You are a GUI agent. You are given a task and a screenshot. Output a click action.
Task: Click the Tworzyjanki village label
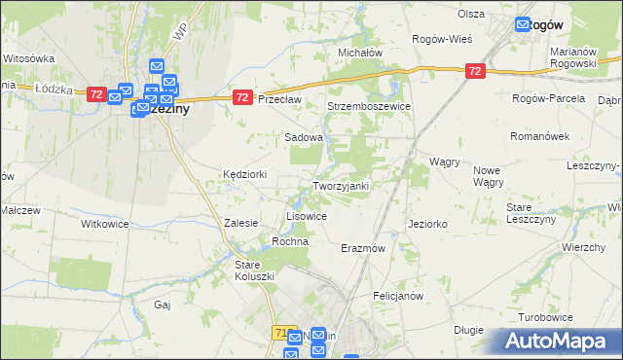tap(340, 186)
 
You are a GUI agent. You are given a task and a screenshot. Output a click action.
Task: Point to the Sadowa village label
tap(303, 137)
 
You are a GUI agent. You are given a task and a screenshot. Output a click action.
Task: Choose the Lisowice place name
tap(306, 215)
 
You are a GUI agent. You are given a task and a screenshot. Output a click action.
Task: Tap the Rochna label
tap(290, 240)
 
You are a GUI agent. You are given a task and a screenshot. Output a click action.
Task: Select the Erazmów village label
tap(364, 248)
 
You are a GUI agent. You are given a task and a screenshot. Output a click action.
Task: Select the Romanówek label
tap(540, 137)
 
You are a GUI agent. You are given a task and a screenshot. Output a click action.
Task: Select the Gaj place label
tap(163, 305)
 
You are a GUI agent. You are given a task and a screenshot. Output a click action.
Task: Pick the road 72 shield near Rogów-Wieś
tap(474, 71)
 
